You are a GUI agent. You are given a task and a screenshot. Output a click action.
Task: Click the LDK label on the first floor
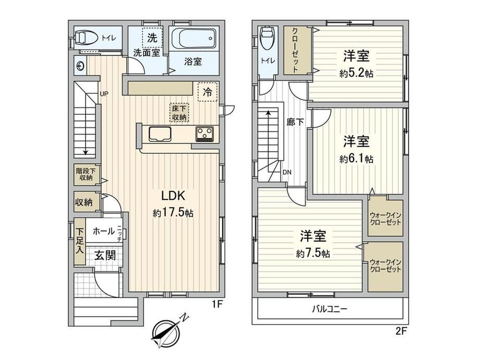(173, 195)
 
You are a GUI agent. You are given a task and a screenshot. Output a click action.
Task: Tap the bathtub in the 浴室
(194, 39)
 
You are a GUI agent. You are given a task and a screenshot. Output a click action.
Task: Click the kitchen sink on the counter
(160, 134)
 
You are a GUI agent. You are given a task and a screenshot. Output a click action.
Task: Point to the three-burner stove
(205, 134)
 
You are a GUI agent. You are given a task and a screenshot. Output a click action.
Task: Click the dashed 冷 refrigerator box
(208, 92)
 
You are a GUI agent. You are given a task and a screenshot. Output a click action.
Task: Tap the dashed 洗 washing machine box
(152, 38)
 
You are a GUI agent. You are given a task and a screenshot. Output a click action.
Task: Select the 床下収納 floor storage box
(179, 113)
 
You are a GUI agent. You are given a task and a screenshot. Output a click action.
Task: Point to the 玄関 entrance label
(105, 255)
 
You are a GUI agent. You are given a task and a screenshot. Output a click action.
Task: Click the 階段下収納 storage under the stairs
(86, 174)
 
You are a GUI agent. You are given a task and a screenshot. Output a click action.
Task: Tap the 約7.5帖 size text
(313, 254)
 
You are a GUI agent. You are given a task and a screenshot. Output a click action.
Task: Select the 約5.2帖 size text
(356, 74)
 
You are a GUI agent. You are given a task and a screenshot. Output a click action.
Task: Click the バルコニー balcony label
(329, 308)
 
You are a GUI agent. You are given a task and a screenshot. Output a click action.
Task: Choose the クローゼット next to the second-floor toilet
(296, 50)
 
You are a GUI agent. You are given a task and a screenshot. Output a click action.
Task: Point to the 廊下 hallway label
(295, 123)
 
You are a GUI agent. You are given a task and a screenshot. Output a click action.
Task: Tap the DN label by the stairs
(287, 172)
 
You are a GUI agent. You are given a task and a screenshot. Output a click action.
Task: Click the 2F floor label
(401, 331)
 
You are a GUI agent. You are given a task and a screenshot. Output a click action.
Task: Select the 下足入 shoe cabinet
(80, 242)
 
